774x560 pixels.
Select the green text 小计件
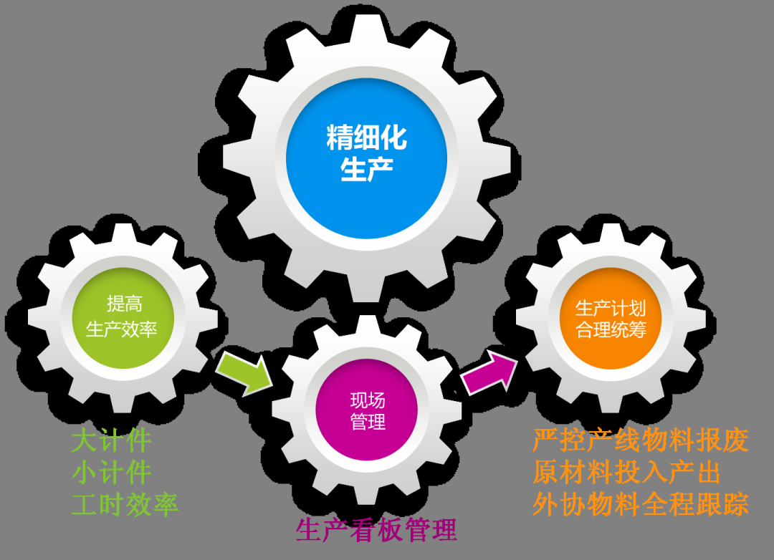pos(111,473)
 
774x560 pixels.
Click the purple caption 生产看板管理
pos(376,531)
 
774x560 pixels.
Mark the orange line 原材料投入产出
pos(626,473)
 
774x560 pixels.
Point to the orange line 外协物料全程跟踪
pos(640,504)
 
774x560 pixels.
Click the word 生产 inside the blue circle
pos(366,170)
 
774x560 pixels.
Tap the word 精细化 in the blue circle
pos(366,137)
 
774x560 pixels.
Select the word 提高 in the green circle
pos(124,304)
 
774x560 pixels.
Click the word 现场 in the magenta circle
pos(368,400)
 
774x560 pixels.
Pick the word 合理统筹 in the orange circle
pos(611,331)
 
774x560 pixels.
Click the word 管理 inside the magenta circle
pos(368,422)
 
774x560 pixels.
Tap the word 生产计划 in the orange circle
pos(611,309)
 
